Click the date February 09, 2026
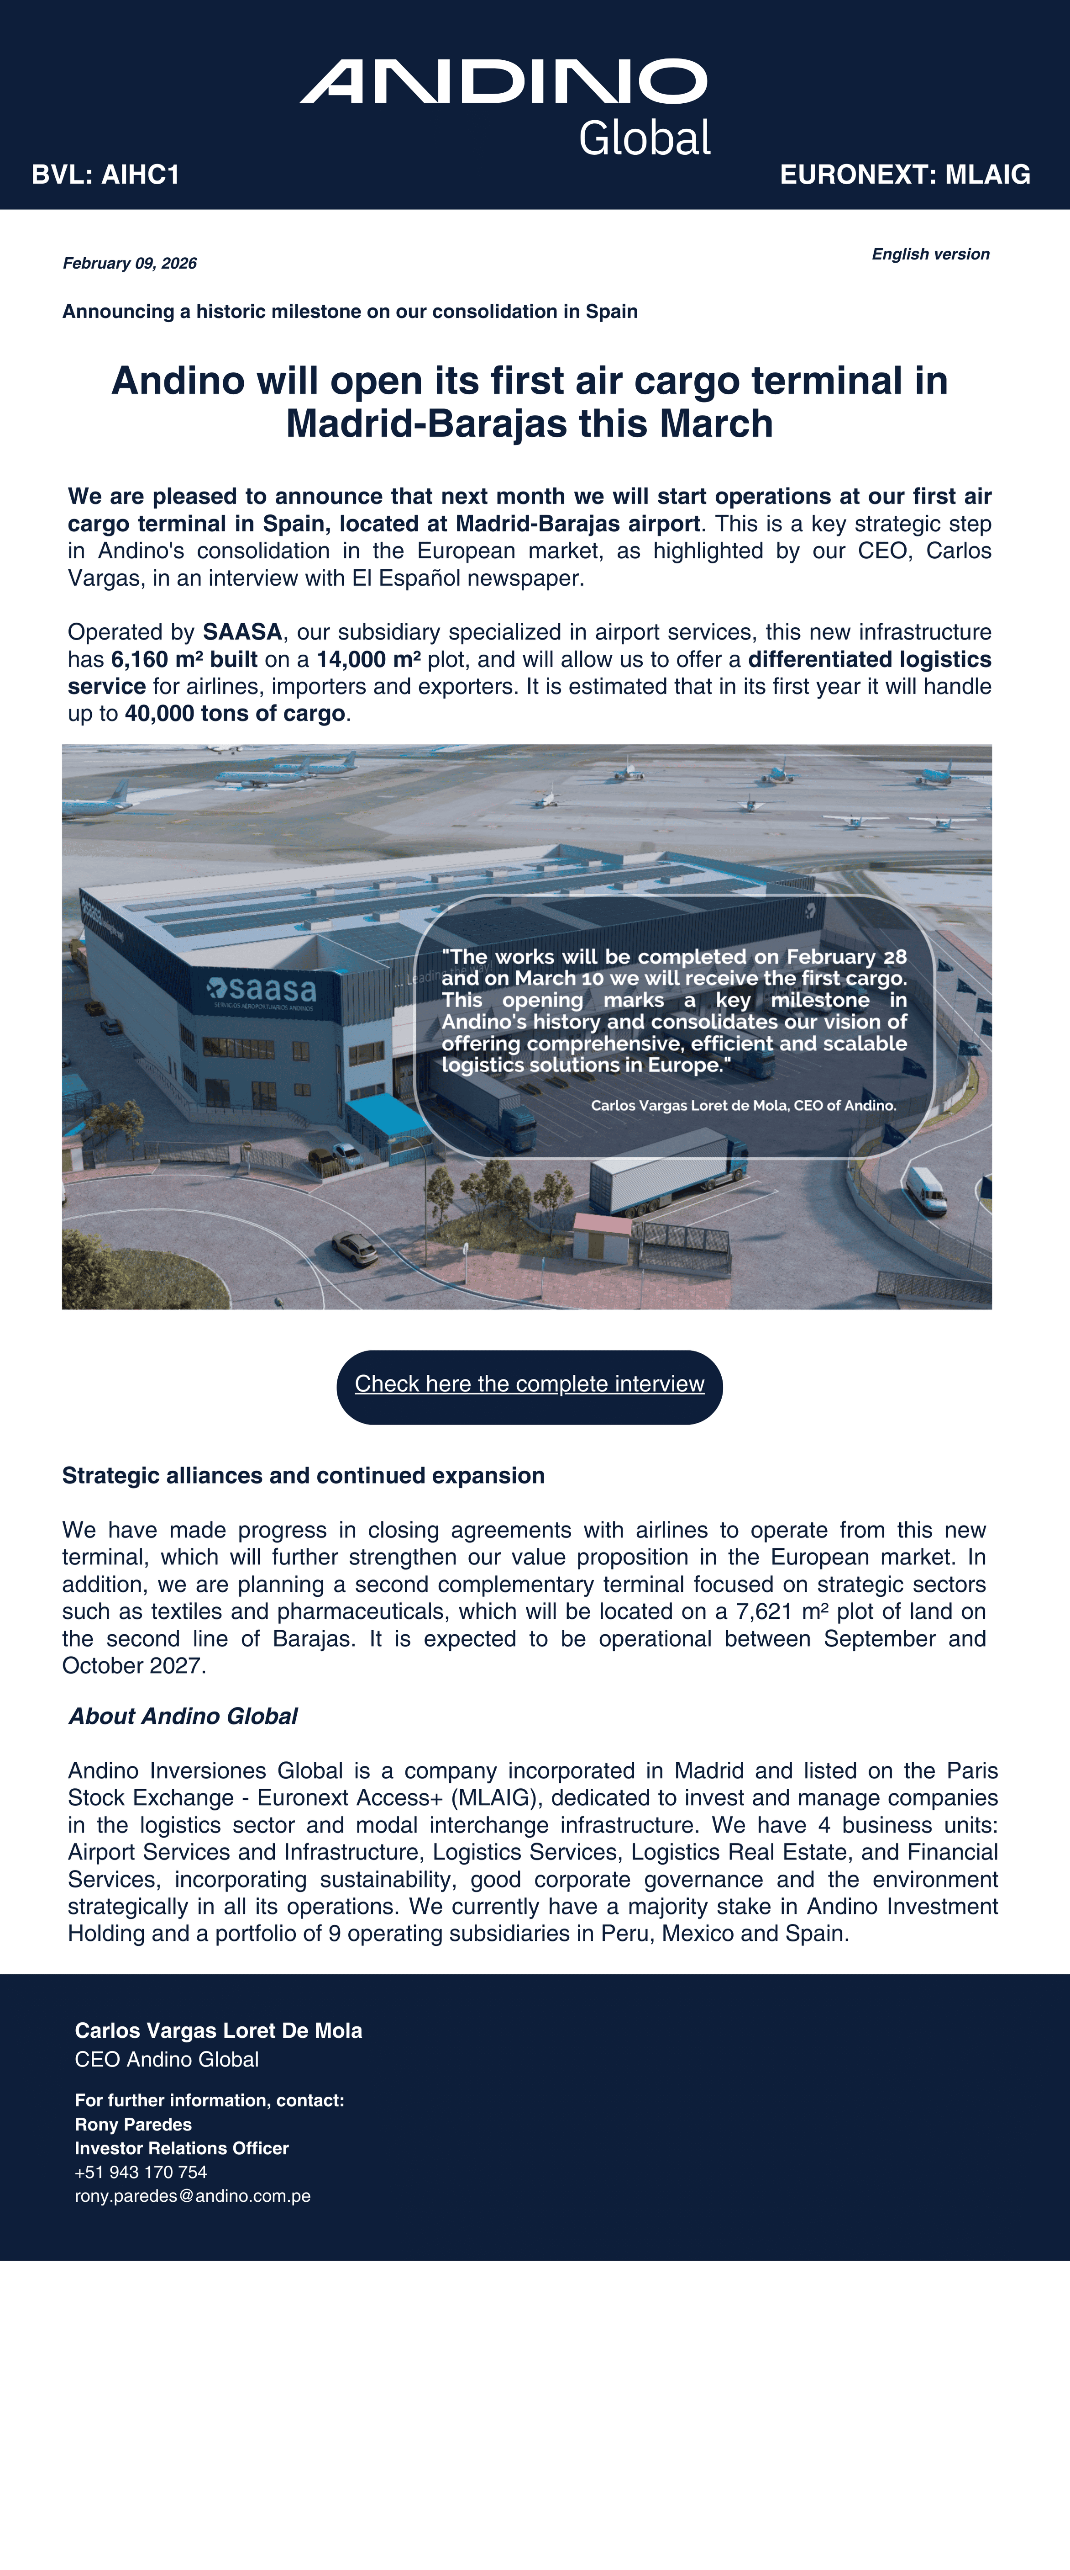(x=130, y=263)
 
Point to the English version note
(x=930, y=254)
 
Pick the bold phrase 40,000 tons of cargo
(x=234, y=713)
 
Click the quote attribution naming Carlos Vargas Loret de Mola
(x=743, y=1105)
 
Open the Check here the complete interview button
(x=530, y=1385)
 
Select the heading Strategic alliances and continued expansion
(x=303, y=1476)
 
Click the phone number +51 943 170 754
(x=141, y=2172)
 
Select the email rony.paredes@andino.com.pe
(x=193, y=2196)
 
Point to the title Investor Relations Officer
(x=182, y=2148)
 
